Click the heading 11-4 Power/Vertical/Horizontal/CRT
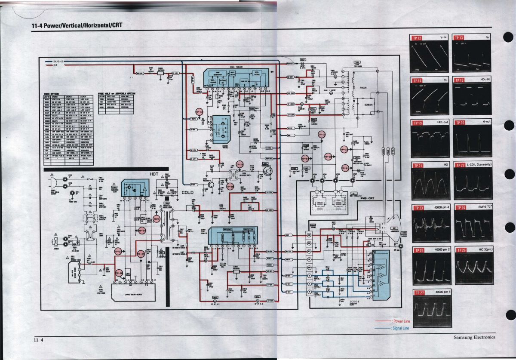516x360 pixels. [77, 25]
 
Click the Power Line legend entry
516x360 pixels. [401, 321]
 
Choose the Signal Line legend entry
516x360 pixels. [401, 328]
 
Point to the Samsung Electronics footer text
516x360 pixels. [474, 337]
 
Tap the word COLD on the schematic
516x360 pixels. [187, 192]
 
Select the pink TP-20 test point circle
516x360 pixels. [344, 150]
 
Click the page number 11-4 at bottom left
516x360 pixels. [38, 340]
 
